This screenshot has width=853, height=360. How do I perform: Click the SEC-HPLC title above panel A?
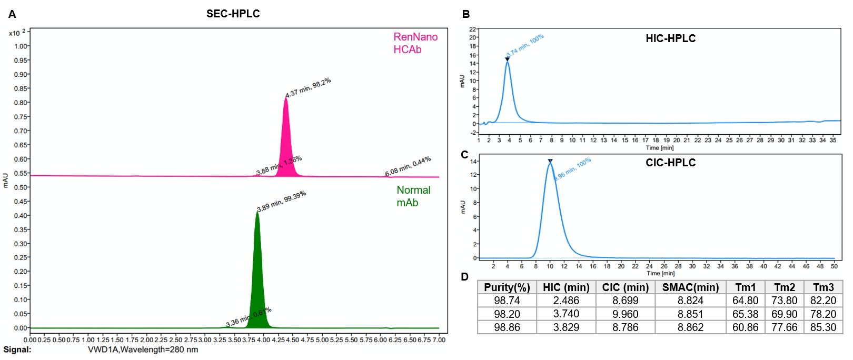(233, 14)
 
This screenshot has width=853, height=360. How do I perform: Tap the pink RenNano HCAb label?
(415, 43)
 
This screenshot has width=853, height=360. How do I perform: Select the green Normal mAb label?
(413, 196)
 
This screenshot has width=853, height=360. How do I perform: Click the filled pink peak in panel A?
(286, 147)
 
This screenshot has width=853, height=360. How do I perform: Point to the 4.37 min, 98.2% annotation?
(308, 88)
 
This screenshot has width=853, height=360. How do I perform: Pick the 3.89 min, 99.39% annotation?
(281, 201)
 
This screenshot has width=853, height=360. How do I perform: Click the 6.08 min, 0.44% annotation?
(408, 166)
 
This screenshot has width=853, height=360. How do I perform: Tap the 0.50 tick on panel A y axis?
(21, 187)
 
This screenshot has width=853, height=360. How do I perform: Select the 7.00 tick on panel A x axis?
(439, 340)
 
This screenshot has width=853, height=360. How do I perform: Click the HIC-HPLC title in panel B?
(670, 38)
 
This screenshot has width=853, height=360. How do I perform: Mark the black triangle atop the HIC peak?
(507, 59)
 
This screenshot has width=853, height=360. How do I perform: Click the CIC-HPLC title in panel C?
(670, 163)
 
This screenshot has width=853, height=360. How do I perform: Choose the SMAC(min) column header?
(690, 287)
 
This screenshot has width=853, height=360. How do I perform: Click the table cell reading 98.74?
(507, 301)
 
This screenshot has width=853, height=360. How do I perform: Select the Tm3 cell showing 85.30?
(823, 327)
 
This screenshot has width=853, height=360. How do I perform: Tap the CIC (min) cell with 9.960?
(625, 314)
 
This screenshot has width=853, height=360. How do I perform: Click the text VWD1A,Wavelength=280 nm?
(143, 350)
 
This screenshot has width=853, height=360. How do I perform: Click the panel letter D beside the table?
(464, 277)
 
